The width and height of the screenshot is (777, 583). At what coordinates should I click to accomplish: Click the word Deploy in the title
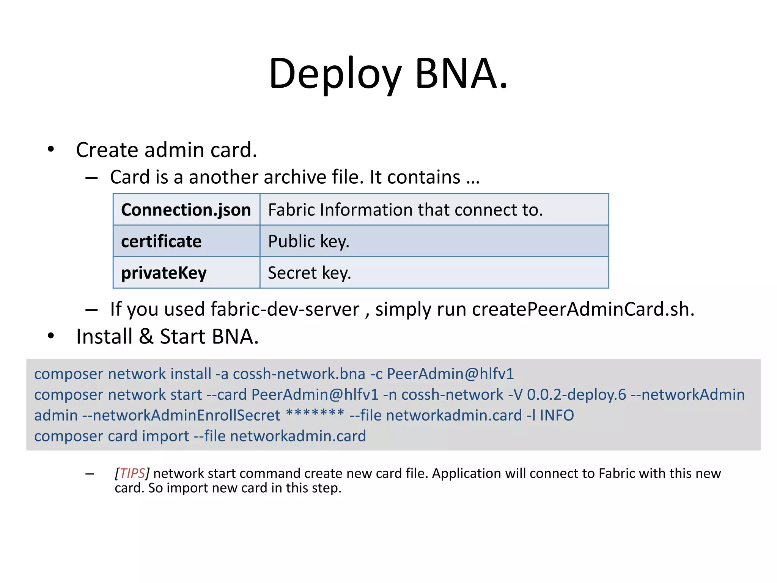click(x=335, y=74)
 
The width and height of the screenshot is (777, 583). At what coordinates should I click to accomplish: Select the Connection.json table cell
click(x=186, y=210)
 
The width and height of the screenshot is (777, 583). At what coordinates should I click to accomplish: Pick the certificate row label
click(x=161, y=241)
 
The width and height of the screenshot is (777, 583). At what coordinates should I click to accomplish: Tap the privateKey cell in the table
click(x=164, y=273)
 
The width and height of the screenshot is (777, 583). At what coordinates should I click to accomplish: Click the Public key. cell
click(x=308, y=241)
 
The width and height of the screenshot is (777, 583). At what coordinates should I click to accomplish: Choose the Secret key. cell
click(x=309, y=273)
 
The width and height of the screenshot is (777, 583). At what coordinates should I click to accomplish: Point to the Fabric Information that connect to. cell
click(x=405, y=210)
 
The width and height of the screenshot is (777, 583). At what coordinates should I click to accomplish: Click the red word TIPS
click(x=132, y=473)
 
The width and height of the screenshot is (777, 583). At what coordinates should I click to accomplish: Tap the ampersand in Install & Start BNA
click(x=146, y=337)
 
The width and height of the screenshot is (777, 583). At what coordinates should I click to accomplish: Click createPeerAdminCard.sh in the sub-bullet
click(x=583, y=309)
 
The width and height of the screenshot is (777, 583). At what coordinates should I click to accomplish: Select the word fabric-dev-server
click(x=285, y=309)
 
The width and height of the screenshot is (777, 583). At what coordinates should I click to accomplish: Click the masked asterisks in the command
click(x=315, y=413)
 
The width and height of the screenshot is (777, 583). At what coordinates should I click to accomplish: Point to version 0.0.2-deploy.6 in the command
click(x=576, y=395)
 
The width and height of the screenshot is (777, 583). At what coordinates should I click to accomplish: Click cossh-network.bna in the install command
click(x=299, y=374)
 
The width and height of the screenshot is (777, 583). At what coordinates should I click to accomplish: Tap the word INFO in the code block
click(x=557, y=415)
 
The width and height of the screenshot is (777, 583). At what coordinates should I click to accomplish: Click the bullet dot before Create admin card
click(x=51, y=149)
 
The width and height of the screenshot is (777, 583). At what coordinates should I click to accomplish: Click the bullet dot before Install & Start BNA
click(x=51, y=336)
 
